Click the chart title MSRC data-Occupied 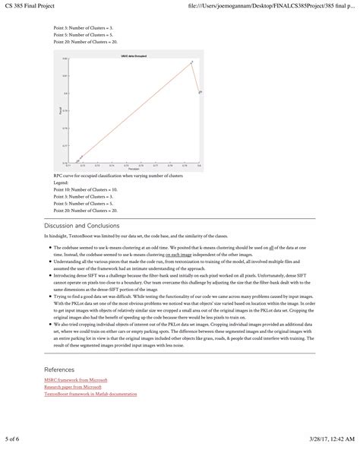click(132, 56)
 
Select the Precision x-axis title click(134, 169)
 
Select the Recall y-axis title click(60, 111)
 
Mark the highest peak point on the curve click(191, 62)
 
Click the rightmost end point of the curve click(200, 92)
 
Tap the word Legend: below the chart click(62, 182)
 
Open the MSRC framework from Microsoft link click(76, 379)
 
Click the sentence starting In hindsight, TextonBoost click(152, 236)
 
